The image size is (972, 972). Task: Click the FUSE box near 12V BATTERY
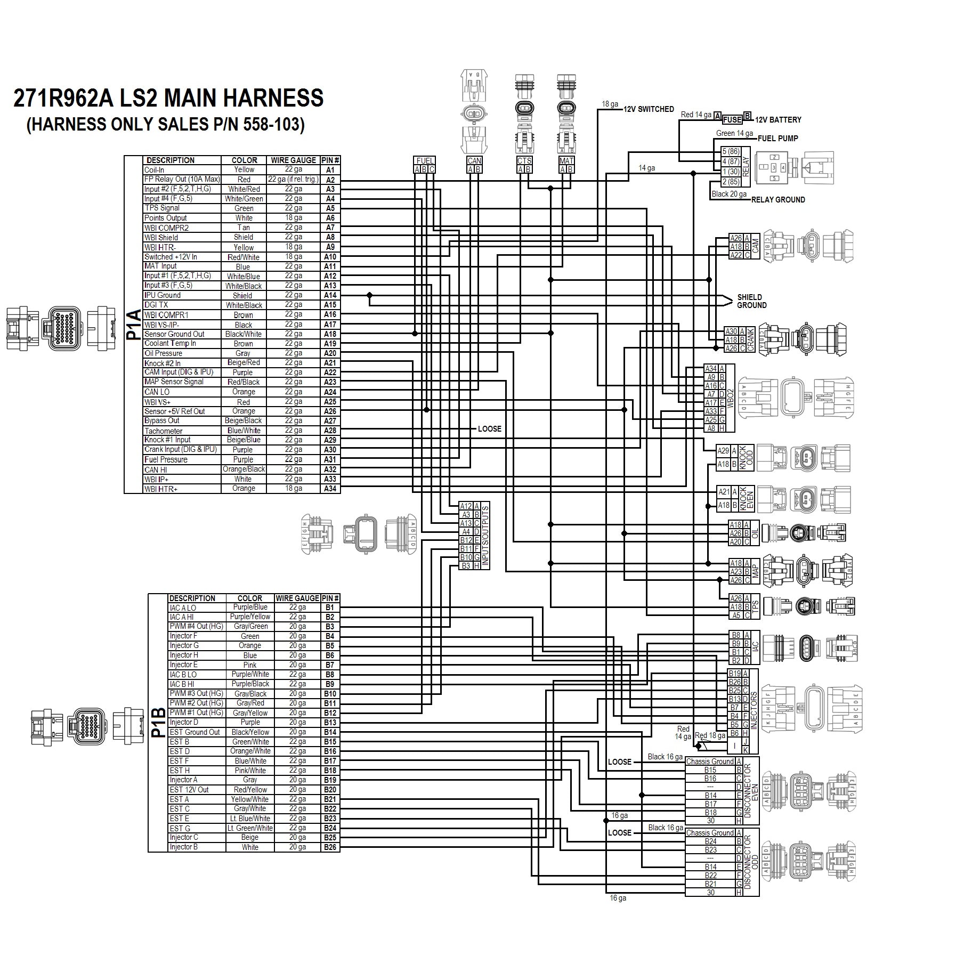coord(733,120)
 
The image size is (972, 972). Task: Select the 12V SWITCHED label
coord(649,109)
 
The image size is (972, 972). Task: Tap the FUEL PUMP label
coord(777,139)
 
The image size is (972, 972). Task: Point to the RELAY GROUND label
coord(777,200)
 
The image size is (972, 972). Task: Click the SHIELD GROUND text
coord(751,301)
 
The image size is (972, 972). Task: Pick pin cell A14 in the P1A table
coord(330,295)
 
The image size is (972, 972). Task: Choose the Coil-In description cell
coord(182,170)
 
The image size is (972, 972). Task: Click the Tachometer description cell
coord(182,431)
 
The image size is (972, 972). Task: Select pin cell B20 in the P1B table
coord(330,790)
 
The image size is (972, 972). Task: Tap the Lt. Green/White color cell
coord(250,828)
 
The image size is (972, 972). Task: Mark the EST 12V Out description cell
coord(197,790)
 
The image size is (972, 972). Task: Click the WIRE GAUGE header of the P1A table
coord(294,160)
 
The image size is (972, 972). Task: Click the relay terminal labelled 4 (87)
coord(731,161)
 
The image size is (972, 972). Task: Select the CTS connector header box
coord(524,160)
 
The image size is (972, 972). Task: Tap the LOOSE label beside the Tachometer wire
coord(489,429)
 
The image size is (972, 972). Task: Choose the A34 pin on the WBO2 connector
coord(711,369)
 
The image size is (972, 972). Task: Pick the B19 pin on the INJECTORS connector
coord(735,674)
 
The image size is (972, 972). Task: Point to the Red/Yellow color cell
coord(250,790)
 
